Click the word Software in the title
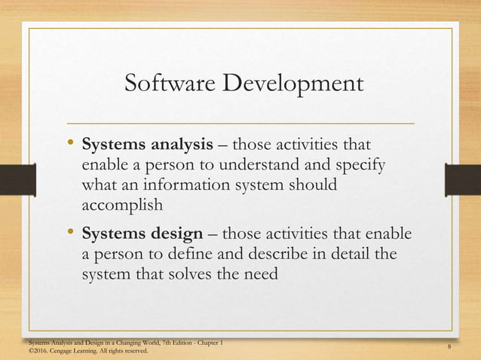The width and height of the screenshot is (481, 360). pos(167,84)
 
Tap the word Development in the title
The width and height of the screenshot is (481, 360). pos(290,84)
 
